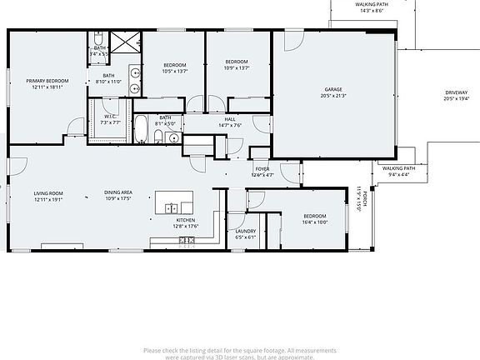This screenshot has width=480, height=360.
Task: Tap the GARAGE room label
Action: (x=333, y=89)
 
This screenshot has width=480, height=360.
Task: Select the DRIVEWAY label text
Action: (x=457, y=92)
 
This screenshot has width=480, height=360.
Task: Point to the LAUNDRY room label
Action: (x=245, y=231)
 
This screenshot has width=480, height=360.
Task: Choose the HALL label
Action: (x=230, y=119)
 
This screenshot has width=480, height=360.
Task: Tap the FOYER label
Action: (x=262, y=169)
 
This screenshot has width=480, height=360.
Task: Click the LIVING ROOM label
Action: (x=49, y=193)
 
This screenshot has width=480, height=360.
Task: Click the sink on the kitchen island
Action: (x=172, y=207)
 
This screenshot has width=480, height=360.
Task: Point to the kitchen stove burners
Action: (x=187, y=241)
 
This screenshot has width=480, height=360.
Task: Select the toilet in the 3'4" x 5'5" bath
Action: (x=97, y=39)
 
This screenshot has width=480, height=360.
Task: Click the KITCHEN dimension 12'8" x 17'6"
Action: (x=185, y=226)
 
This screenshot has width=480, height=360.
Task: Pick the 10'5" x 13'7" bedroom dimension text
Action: (x=175, y=71)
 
